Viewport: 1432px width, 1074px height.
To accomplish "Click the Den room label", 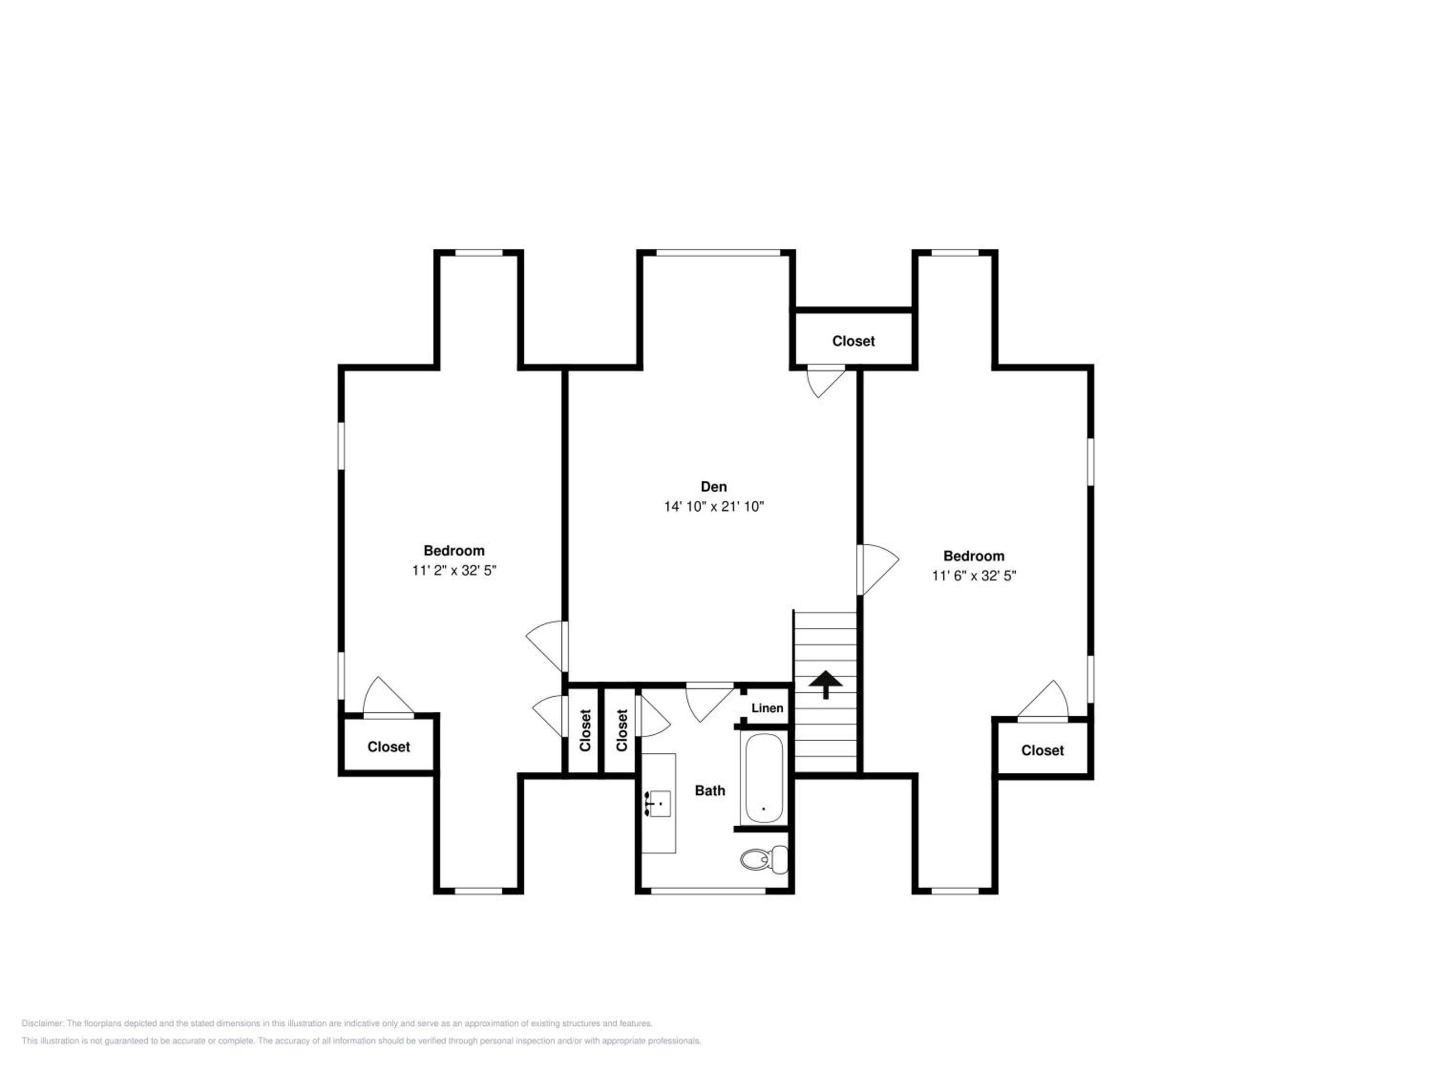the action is coord(714,486).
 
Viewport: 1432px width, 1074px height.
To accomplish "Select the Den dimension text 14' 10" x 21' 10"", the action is coord(714,506).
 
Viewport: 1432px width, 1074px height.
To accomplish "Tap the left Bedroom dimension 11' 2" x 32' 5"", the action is coord(454,570).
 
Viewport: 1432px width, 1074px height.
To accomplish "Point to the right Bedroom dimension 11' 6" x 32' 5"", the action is coord(974,576).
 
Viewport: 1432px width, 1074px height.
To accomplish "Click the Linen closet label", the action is coord(767,708).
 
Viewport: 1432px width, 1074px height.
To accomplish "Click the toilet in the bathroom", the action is coord(764,860).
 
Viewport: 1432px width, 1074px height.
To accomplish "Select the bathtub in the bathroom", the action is coord(764,778).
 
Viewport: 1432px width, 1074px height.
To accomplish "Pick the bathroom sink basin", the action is coord(660,803).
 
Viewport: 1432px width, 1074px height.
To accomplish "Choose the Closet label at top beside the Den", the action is coord(853,341).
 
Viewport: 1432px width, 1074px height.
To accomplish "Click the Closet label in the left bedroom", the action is coord(389,747).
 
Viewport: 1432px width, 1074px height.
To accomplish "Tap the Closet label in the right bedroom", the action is coord(1042,750).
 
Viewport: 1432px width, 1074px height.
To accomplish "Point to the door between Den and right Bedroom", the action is coord(878,569).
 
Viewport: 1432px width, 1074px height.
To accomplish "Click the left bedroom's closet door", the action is coord(388,698).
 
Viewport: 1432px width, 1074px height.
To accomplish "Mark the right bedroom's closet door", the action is coord(1042,700).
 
